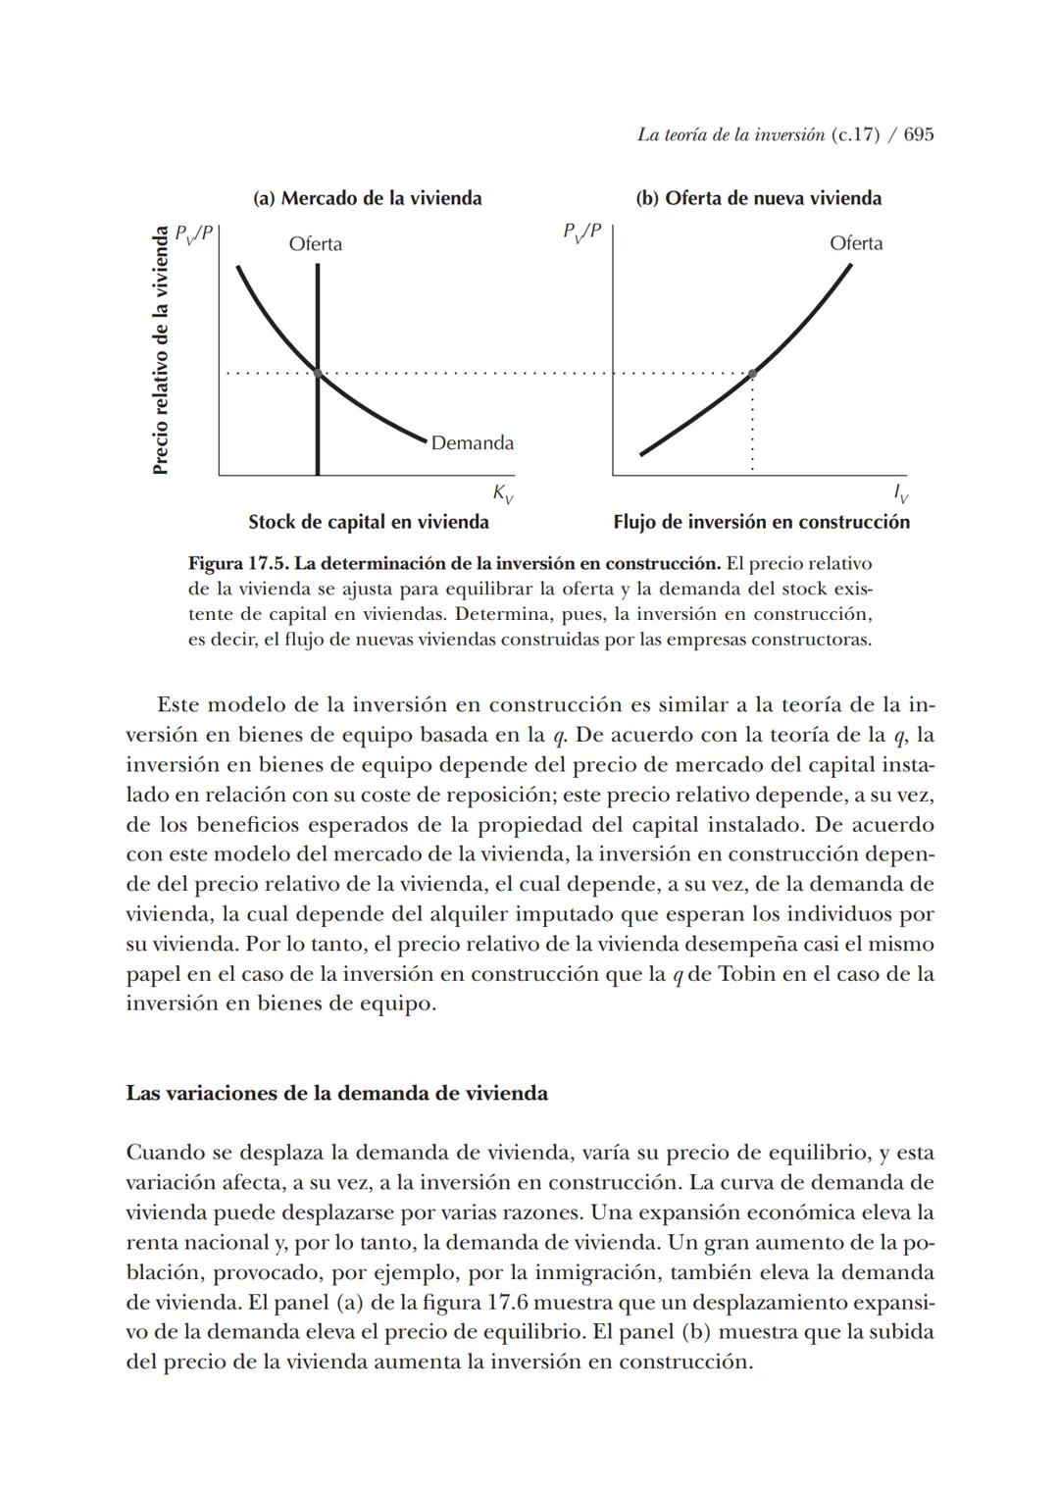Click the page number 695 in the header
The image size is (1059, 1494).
pos(918,135)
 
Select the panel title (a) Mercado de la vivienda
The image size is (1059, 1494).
pos(368,198)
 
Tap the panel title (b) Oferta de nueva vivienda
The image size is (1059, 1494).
pos(758,198)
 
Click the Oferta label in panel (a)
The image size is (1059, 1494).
pos(315,243)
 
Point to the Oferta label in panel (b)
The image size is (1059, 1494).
pos(855,243)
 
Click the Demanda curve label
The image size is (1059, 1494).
pos(472,443)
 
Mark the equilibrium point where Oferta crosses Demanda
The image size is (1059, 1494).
pos(318,373)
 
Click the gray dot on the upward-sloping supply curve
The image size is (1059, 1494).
pos(752,374)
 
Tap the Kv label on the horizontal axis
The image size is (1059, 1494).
pos(502,493)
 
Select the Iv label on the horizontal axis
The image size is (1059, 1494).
pos(900,493)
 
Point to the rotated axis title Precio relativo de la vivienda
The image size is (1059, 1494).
pos(162,350)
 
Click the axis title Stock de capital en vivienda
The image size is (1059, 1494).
pos(368,522)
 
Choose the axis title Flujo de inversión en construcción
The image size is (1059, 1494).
pos(761,522)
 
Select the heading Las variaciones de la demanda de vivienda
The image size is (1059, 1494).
pos(336,1093)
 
